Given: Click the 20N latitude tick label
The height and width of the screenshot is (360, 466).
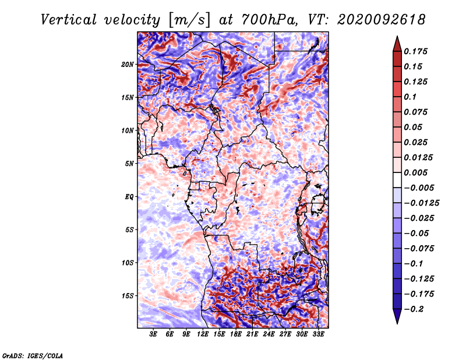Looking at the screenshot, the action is [127, 65].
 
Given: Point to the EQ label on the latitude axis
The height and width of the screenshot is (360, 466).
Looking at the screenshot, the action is [129, 197].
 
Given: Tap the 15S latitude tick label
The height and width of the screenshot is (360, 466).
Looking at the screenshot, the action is [128, 296].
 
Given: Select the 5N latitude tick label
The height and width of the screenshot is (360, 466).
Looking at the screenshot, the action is [129, 164].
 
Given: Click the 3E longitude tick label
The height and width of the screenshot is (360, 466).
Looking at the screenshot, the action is [153, 334].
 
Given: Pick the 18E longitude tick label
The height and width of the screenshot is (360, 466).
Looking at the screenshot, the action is [235, 334].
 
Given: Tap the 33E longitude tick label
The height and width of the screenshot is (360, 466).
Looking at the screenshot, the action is [318, 334].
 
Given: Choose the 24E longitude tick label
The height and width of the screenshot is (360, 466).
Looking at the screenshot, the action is [269, 334].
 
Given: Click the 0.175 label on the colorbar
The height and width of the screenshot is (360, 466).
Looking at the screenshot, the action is [415, 51].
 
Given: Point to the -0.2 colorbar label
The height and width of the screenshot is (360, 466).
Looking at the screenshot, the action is [414, 309].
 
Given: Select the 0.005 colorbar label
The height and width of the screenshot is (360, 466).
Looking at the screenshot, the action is [415, 172].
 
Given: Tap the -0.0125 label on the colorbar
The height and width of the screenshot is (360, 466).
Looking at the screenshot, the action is [421, 203].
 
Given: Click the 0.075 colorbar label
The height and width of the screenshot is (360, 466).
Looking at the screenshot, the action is [415, 112].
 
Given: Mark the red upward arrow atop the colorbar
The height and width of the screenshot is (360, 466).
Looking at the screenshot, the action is [397, 44].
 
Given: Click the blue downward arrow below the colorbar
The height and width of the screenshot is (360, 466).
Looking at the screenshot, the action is [397, 316].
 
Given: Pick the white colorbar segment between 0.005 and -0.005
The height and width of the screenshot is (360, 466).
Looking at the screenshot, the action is [397, 180].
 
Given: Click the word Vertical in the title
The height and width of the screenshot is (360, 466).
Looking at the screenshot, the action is [69, 20].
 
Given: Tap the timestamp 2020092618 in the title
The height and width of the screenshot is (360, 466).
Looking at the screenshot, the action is [382, 20].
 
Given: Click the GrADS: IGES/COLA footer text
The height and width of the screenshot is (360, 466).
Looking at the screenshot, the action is [33, 356].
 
